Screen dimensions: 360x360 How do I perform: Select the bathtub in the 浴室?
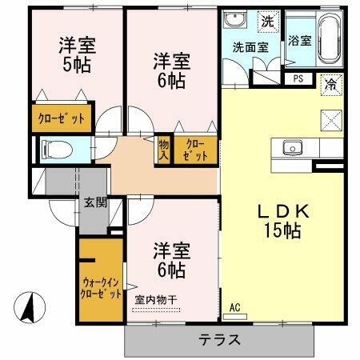pos(328,40)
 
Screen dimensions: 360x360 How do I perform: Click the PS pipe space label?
pos(298,78)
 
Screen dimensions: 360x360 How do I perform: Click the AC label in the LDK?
pos(234,307)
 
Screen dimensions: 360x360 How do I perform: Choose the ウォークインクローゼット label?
pos(101,287)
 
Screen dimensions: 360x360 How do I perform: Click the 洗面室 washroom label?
pos(250,47)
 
